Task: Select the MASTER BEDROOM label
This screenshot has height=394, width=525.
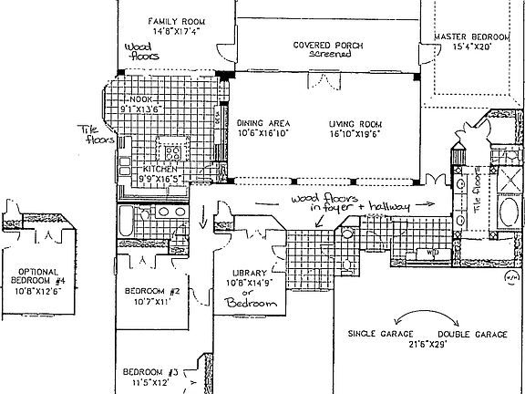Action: (470, 36)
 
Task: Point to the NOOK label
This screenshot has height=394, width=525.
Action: (140, 98)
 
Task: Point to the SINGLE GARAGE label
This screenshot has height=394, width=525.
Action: (382, 334)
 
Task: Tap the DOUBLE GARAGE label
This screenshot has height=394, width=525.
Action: (473, 334)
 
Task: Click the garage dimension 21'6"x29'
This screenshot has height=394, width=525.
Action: (427, 345)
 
